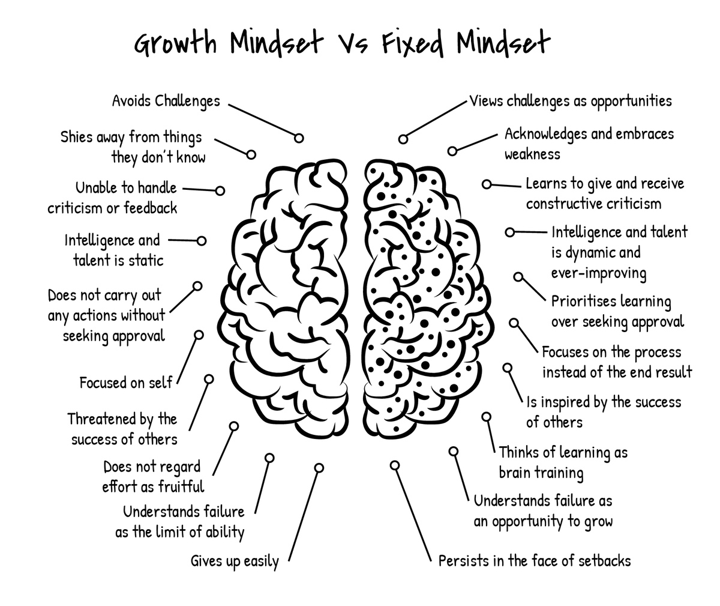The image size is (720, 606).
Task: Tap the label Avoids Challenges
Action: [166, 101]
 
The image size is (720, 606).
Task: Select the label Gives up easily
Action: [235, 562]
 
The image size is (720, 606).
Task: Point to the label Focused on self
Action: [126, 383]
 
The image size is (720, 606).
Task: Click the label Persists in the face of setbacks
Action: [535, 561]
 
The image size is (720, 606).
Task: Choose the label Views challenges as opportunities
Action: [570, 100]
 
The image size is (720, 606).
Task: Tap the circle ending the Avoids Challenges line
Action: [298, 138]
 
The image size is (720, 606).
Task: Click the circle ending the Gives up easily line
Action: [319, 467]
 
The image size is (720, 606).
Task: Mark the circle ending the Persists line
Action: [395, 465]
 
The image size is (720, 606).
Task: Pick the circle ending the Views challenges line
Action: [403, 139]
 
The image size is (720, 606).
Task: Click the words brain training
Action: [541, 473]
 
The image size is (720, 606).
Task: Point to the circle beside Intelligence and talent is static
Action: [202, 241]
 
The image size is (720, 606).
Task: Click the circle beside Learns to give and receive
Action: [487, 184]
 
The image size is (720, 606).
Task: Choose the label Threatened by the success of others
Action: [123, 429]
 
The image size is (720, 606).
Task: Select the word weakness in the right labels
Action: [532, 154]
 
